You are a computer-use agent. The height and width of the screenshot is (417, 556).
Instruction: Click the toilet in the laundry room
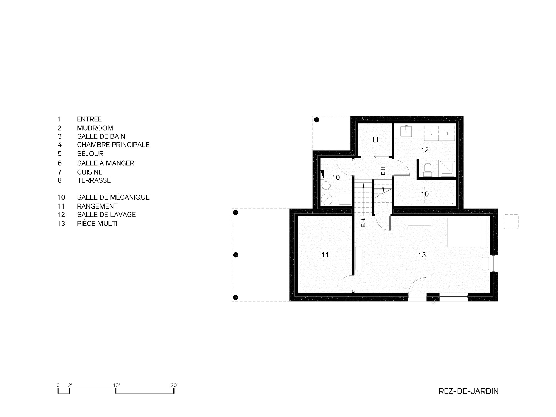point(427,169)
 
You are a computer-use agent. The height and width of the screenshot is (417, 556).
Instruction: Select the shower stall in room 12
point(447,168)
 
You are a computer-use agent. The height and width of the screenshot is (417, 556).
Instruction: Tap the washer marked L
point(431,133)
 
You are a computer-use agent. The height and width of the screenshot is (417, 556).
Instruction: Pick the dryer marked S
point(447,133)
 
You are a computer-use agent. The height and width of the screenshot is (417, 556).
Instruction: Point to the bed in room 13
point(468,232)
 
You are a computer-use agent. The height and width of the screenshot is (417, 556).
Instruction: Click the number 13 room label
point(422,255)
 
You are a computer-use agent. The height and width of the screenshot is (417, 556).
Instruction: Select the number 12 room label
point(425,150)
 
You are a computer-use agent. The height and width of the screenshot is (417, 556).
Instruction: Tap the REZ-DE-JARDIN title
point(468,391)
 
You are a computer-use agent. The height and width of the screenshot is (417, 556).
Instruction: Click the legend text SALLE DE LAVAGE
point(106,215)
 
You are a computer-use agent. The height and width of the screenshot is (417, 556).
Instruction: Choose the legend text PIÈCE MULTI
point(97,224)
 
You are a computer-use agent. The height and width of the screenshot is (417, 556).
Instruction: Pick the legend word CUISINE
point(90,172)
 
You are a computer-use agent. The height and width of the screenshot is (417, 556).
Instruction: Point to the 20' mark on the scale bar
point(174,386)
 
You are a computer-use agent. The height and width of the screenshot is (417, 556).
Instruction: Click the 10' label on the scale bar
point(116,386)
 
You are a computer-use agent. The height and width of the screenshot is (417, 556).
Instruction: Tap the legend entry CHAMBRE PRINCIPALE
point(113,145)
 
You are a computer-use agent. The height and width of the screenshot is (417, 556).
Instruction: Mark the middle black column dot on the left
point(236,255)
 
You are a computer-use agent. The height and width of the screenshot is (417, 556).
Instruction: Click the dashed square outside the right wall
point(511,222)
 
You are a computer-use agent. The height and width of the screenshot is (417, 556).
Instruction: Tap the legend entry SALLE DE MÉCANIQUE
point(113,197)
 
